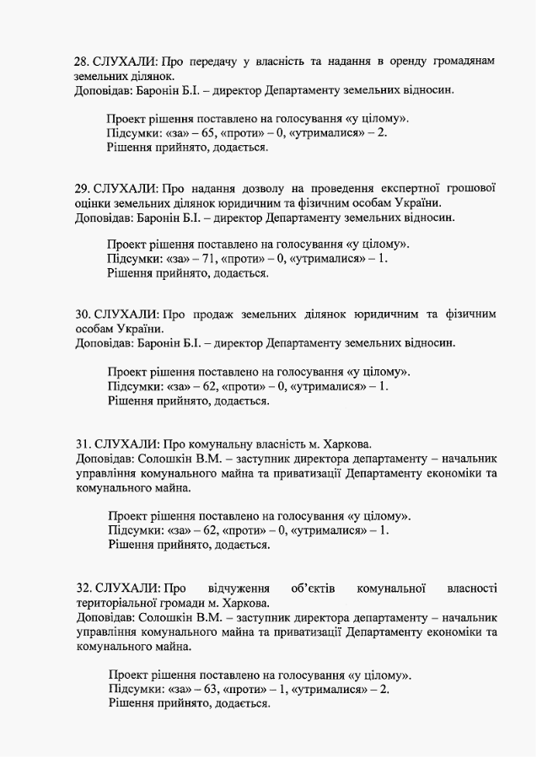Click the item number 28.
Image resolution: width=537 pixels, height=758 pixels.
point(82,62)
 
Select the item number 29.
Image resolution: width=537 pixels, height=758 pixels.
point(82,188)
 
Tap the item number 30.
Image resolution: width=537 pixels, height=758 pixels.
point(82,314)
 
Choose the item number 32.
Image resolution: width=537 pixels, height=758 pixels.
point(83,588)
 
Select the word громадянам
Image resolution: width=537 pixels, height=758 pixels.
point(462,62)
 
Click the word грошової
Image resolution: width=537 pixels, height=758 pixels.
point(466,188)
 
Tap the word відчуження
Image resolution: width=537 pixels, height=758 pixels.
point(239,588)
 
